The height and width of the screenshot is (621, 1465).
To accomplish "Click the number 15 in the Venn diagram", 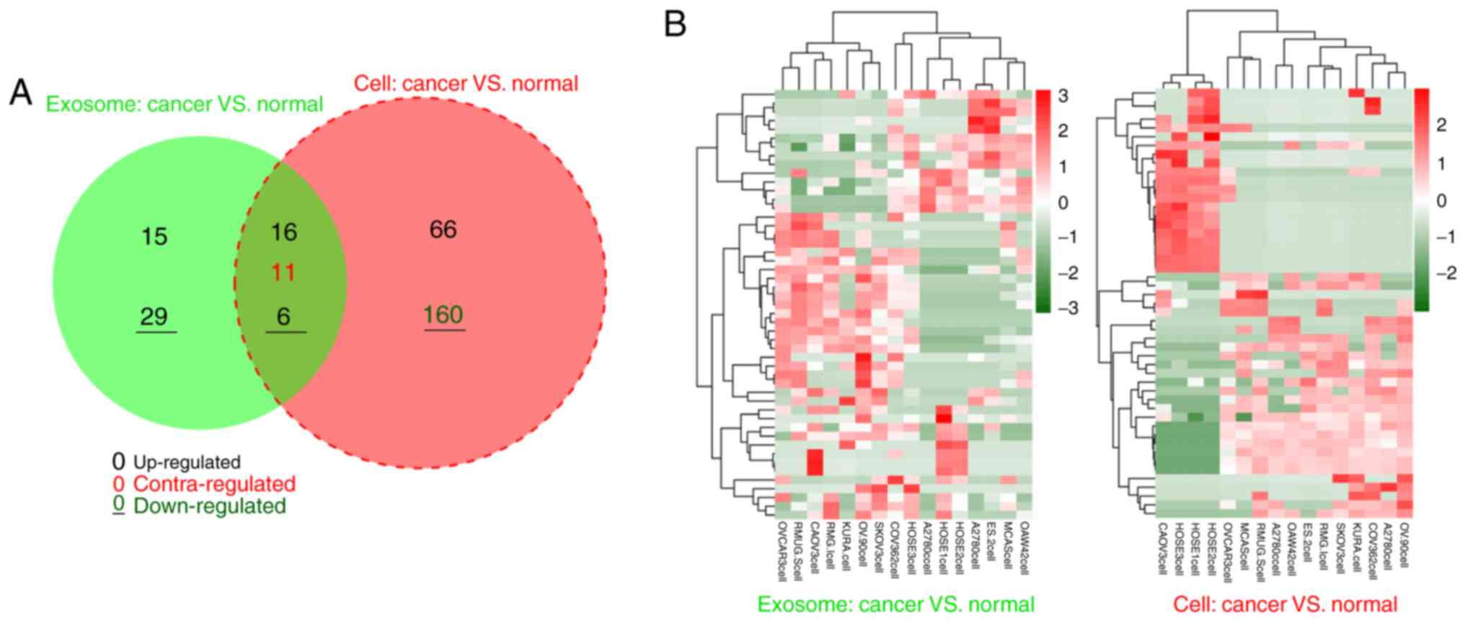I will pyautogui.click(x=154, y=237).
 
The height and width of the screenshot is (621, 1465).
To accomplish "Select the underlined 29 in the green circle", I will pyautogui.click(x=154, y=317).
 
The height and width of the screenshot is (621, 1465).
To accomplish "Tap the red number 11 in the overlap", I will pyautogui.click(x=283, y=273).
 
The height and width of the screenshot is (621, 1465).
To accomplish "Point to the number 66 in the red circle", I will pyautogui.click(x=443, y=229).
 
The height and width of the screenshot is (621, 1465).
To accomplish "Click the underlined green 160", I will pyautogui.click(x=443, y=315).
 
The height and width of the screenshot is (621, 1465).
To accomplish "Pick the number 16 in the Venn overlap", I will pyautogui.click(x=283, y=232).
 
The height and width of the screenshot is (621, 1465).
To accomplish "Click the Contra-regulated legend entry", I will pyautogui.click(x=214, y=484).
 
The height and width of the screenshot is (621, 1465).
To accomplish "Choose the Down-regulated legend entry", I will pyautogui.click(x=209, y=506).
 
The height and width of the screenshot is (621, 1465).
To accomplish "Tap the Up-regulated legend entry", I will pyautogui.click(x=186, y=462).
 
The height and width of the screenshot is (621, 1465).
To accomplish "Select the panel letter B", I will pyautogui.click(x=675, y=25).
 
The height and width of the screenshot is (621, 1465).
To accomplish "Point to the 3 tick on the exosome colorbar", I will pyautogui.click(x=1063, y=96).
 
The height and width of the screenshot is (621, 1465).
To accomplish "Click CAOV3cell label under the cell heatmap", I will pyautogui.click(x=1162, y=549).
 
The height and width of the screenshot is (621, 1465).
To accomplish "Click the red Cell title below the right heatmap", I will pyautogui.click(x=1285, y=604).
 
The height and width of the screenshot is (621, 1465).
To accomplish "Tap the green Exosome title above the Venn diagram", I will pyautogui.click(x=185, y=105).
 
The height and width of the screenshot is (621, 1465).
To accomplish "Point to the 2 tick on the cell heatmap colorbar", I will pyautogui.click(x=1441, y=125).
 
